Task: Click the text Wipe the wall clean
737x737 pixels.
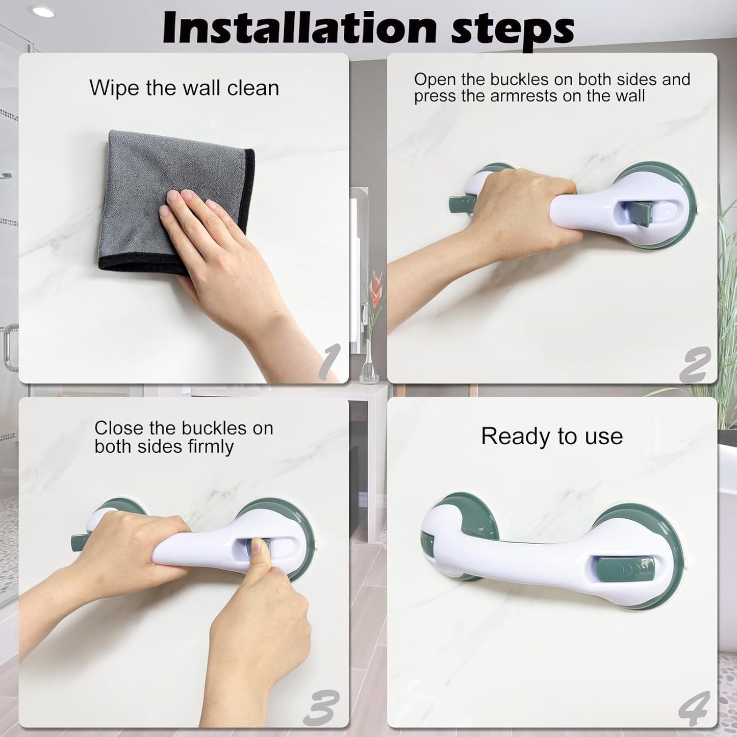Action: point(184,88)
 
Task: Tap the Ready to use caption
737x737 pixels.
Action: point(552,436)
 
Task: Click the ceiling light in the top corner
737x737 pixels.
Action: point(43,12)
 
